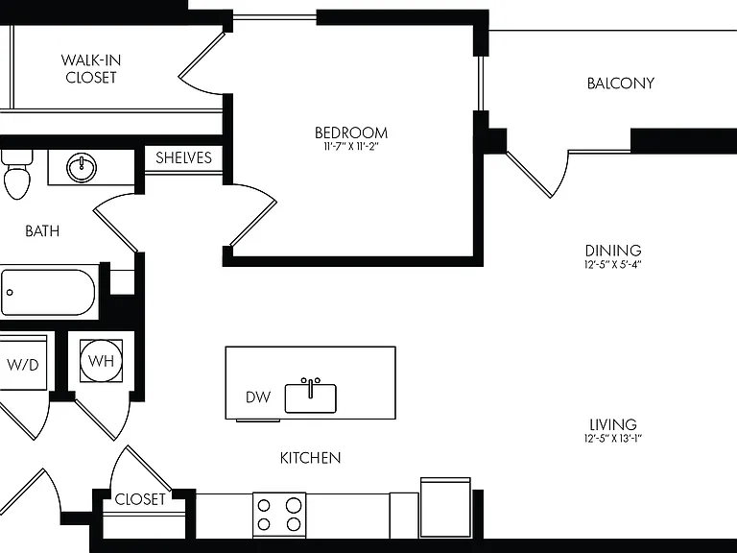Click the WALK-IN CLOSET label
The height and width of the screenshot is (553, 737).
tap(91, 69)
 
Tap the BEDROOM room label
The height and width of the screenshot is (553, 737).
tap(351, 132)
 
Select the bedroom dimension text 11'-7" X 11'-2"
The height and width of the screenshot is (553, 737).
tap(351, 147)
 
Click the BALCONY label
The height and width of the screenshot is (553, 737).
tap(621, 84)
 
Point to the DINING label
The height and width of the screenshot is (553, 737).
tap(613, 251)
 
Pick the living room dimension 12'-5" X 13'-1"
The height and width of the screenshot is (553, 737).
tap(613, 439)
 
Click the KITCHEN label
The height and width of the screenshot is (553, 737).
tap(310, 458)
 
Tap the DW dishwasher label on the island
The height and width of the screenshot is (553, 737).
tap(258, 397)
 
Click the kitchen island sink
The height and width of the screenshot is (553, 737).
tap(311, 397)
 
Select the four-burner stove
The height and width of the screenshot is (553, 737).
tap(279, 515)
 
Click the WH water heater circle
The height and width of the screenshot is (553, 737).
tap(101, 361)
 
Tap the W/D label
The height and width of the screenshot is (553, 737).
tap(23, 365)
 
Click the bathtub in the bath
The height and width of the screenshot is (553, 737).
tap(48, 293)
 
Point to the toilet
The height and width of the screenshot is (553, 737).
tap(17, 174)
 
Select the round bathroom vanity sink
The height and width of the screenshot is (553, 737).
tap(82, 167)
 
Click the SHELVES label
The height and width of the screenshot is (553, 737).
tap(183, 157)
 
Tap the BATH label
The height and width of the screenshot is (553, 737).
tap(42, 230)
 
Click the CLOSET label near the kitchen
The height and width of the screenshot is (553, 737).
tap(140, 499)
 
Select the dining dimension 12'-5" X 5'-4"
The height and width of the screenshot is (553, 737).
tap(613, 264)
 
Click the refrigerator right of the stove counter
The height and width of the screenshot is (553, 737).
tap(445, 508)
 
